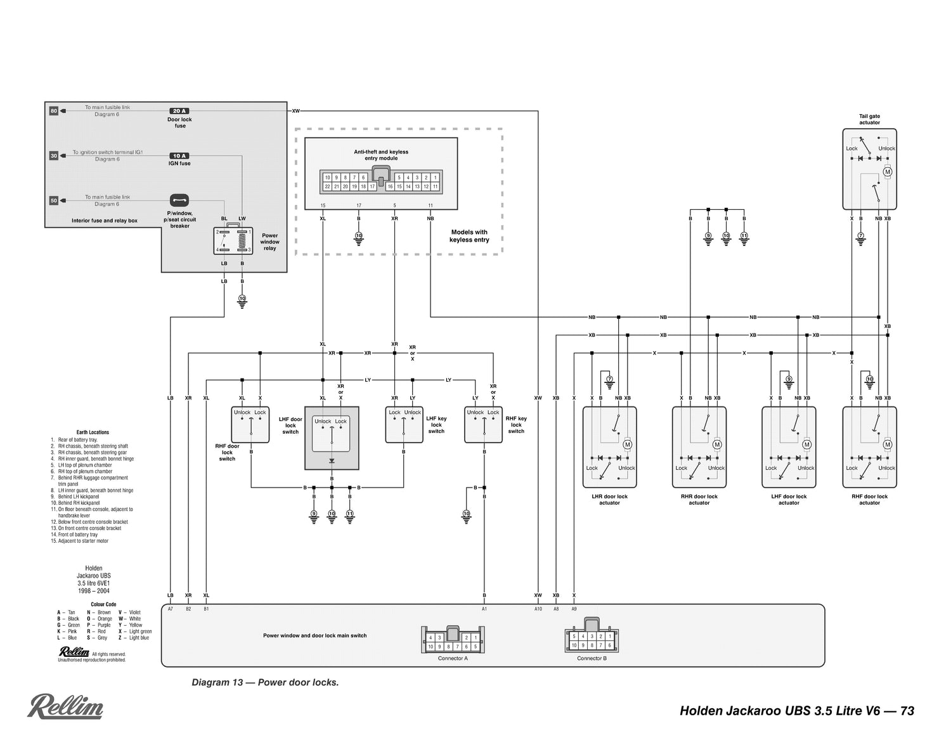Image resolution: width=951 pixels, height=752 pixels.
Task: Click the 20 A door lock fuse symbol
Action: pyautogui.click(x=179, y=111)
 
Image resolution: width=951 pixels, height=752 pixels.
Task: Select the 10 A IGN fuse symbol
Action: pyautogui.click(x=179, y=155)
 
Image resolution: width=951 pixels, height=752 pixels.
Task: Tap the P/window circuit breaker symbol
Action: pyautogui.click(x=179, y=200)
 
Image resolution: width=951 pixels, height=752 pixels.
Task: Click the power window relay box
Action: pyautogui.click(x=233, y=241)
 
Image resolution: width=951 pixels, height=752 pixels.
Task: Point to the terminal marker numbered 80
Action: pyautogui.click(x=54, y=111)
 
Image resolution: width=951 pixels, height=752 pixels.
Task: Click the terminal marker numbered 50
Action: pyautogui.click(x=54, y=200)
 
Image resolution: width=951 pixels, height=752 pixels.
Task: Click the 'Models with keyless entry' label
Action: pyautogui.click(x=469, y=236)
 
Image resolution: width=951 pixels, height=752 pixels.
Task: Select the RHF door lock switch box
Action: pyautogui.click(x=250, y=424)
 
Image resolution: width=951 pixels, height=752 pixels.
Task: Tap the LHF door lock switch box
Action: pyautogui.click(x=332, y=438)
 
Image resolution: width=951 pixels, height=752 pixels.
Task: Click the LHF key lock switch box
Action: pyautogui.click(x=404, y=424)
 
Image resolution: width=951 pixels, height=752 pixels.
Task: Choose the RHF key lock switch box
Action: pyautogui.click(x=484, y=424)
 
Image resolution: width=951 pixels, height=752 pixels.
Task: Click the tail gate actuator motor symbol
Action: pyautogui.click(x=888, y=172)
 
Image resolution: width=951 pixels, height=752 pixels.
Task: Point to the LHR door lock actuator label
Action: pyautogui.click(x=609, y=500)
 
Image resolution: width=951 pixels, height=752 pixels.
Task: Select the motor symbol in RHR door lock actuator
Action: pyautogui.click(x=717, y=444)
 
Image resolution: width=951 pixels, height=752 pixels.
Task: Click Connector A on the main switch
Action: pyautogui.click(x=453, y=640)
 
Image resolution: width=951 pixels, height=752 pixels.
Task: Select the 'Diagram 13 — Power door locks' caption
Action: pyautogui.click(x=265, y=683)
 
